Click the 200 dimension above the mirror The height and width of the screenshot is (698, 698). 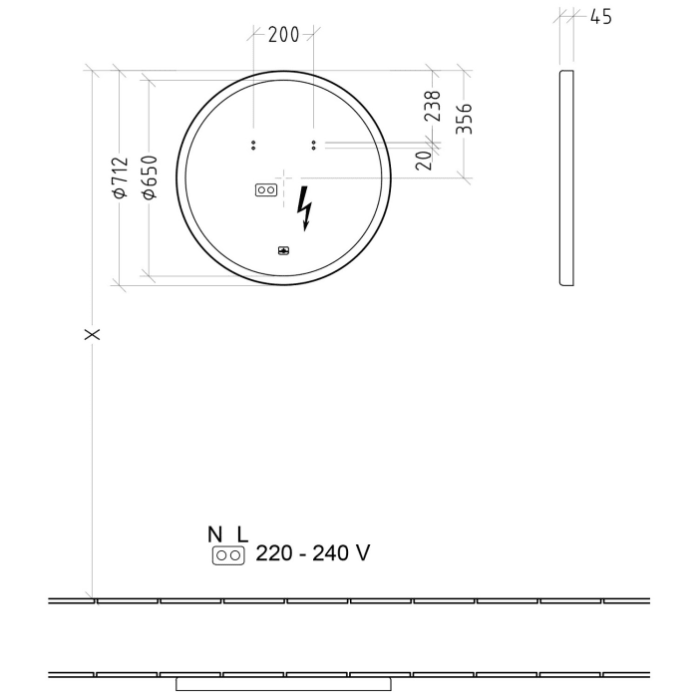click(284, 35)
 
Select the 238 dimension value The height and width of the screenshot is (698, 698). click(433, 106)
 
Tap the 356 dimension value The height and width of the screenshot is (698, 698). click(464, 118)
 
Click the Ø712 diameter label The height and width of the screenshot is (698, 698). click(121, 177)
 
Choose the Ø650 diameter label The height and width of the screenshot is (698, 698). click(149, 177)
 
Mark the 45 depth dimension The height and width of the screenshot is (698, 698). click(600, 17)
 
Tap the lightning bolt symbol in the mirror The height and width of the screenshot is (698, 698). click(306, 207)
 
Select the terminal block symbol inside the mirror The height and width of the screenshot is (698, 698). click(266, 188)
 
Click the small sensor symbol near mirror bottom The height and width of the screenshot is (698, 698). click(283, 251)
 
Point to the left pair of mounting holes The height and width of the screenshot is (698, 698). click(253, 144)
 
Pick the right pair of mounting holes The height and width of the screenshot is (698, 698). click(314, 144)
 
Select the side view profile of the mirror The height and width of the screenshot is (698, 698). click(567, 177)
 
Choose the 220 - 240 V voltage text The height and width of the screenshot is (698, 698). click(312, 553)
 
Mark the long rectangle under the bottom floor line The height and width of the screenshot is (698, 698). click(282, 684)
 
